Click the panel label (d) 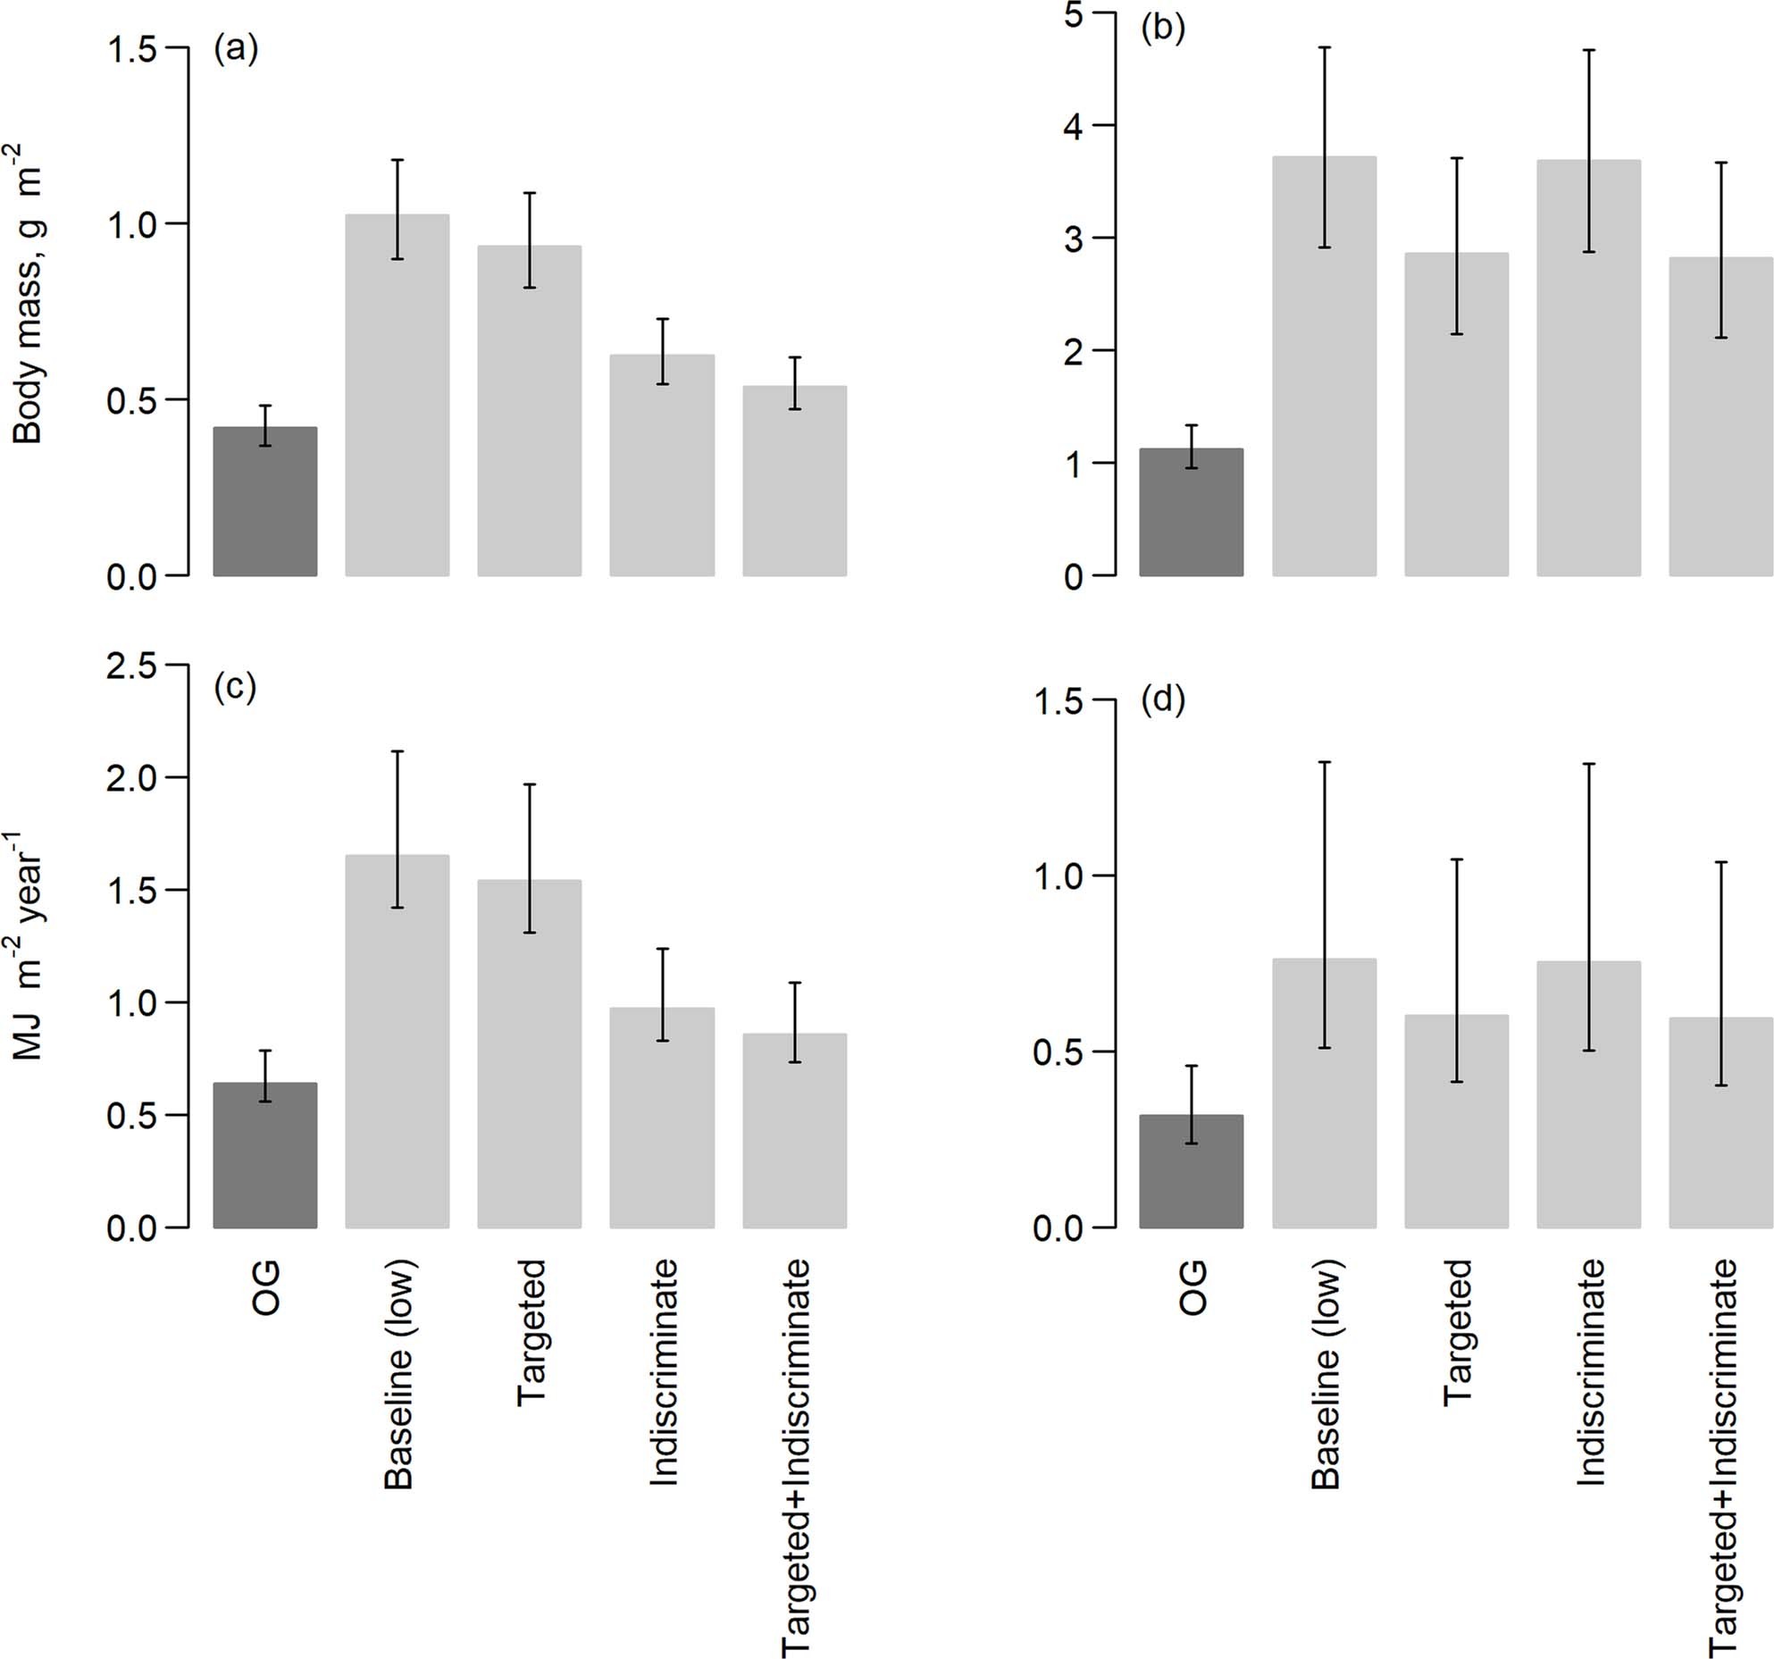1163,701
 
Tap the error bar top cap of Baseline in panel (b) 1325,47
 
